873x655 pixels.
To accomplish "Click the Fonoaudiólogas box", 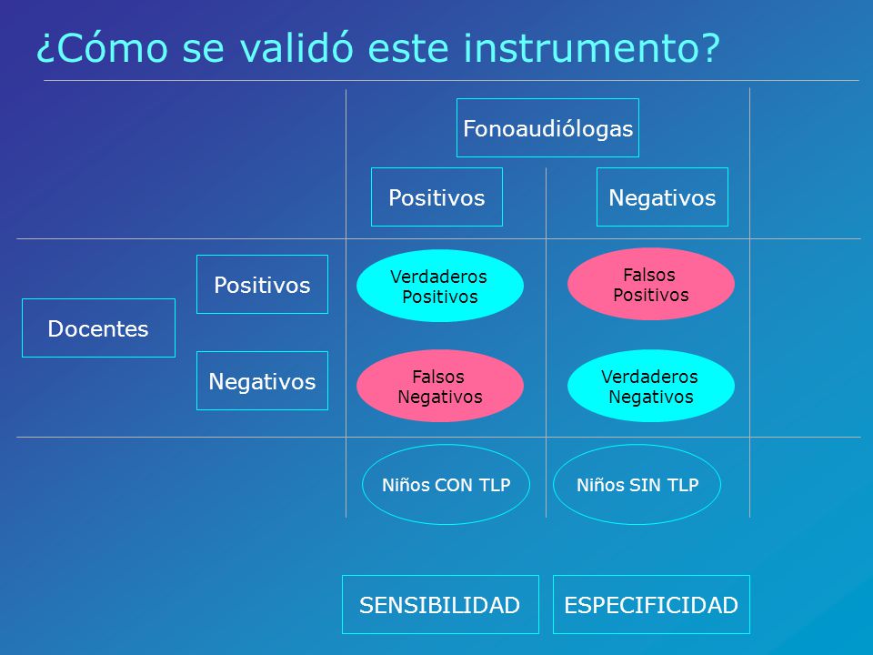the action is pos(547,127).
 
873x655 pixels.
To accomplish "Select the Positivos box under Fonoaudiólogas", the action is pos(436,196).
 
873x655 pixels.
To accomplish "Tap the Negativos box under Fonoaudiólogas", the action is pos(662,196).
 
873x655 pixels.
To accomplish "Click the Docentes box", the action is pos(98,327).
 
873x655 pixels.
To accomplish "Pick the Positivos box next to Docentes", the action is pos(262,284).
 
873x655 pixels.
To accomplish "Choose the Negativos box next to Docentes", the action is pos(262,380).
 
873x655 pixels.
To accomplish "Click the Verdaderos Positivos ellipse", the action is pos(440,286).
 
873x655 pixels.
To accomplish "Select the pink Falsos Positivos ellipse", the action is pos(651,284).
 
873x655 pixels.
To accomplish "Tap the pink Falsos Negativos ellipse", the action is pos(440,386).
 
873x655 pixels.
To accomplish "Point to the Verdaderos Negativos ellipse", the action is pos(651,386).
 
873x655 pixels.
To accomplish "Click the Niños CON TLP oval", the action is pos(446,484).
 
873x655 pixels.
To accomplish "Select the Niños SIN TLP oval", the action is pos(637,484).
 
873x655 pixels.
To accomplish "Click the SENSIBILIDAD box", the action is pos(440,604).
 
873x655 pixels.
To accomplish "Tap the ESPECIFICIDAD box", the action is pos(651,604).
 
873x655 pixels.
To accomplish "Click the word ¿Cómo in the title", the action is pos(103,48).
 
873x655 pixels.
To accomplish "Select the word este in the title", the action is pos(408,49).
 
